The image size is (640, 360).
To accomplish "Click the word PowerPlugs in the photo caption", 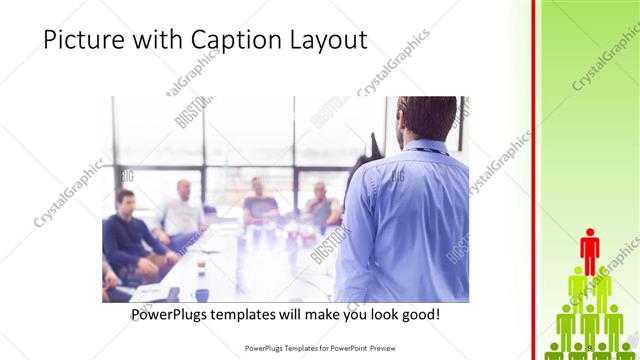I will click(175, 315).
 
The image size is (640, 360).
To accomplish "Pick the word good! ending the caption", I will click(417, 315).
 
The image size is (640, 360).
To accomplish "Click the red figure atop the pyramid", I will click(590, 250).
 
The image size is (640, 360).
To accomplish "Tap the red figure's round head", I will click(590, 233).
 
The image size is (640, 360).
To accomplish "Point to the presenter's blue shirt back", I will click(410, 215).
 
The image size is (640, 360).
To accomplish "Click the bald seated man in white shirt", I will click(182, 212).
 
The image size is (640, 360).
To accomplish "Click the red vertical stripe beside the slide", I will click(536, 180).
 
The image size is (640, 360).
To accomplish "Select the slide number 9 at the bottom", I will click(590, 347).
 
